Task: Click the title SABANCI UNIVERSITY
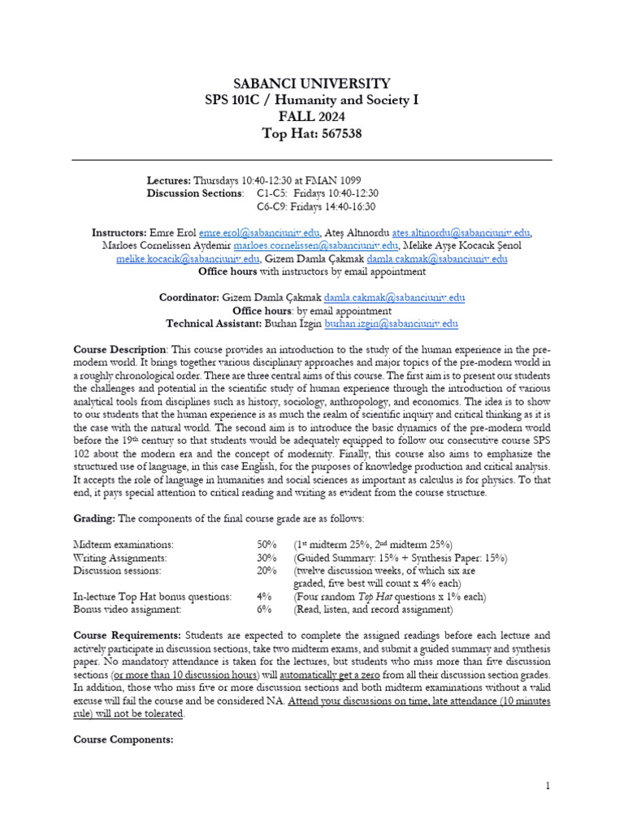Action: pyautogui.click(x=311, y=84)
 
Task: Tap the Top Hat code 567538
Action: pyautogui.click(x=340, y=134)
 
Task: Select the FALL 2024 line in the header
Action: pyautogui.click(x=311, y=117)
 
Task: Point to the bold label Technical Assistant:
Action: pyautogui.click(x=214, y=323)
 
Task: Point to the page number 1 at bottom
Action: pyautogui.click(x=548, y=785)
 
